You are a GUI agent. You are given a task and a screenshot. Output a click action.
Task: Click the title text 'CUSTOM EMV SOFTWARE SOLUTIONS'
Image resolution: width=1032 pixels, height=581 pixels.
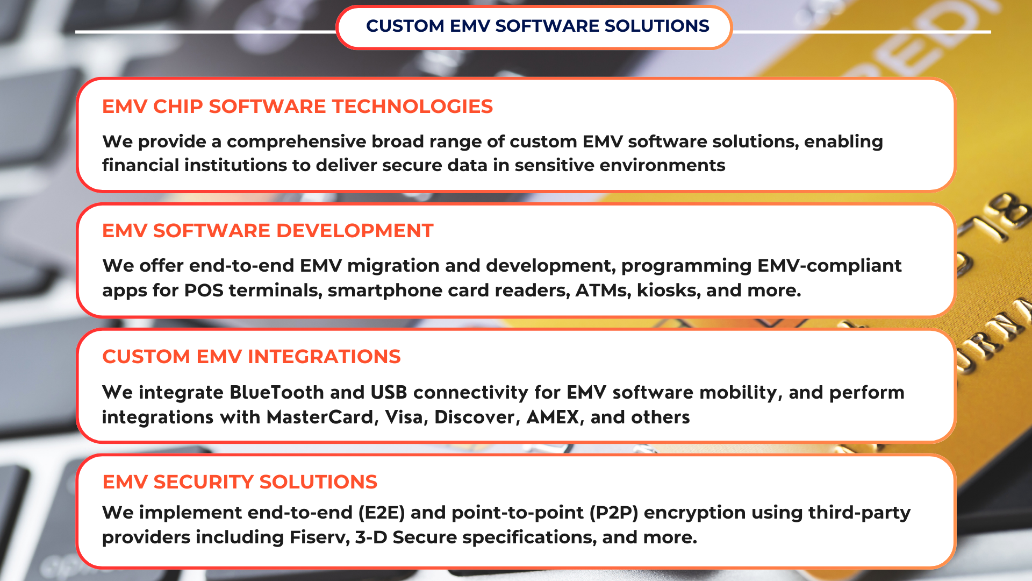pyautogui.click(x=537, y=26)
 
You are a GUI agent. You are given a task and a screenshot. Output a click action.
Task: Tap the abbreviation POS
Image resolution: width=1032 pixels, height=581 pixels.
pyautogui.click(x=204, y=290)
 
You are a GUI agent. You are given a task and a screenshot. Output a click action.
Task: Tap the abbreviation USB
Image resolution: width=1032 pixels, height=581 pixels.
pyautogui.click(x=389, y=393)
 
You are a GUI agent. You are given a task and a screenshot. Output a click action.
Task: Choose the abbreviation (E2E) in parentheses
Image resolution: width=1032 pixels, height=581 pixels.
pyautogui.click(x=382, y=513)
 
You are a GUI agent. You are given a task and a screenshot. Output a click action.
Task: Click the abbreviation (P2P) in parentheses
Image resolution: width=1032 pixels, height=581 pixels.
pyautogui.click(x=614, y=513)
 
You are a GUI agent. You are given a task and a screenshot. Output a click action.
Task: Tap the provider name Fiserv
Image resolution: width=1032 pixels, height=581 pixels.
pyautogui.click(x=319, y=537)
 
